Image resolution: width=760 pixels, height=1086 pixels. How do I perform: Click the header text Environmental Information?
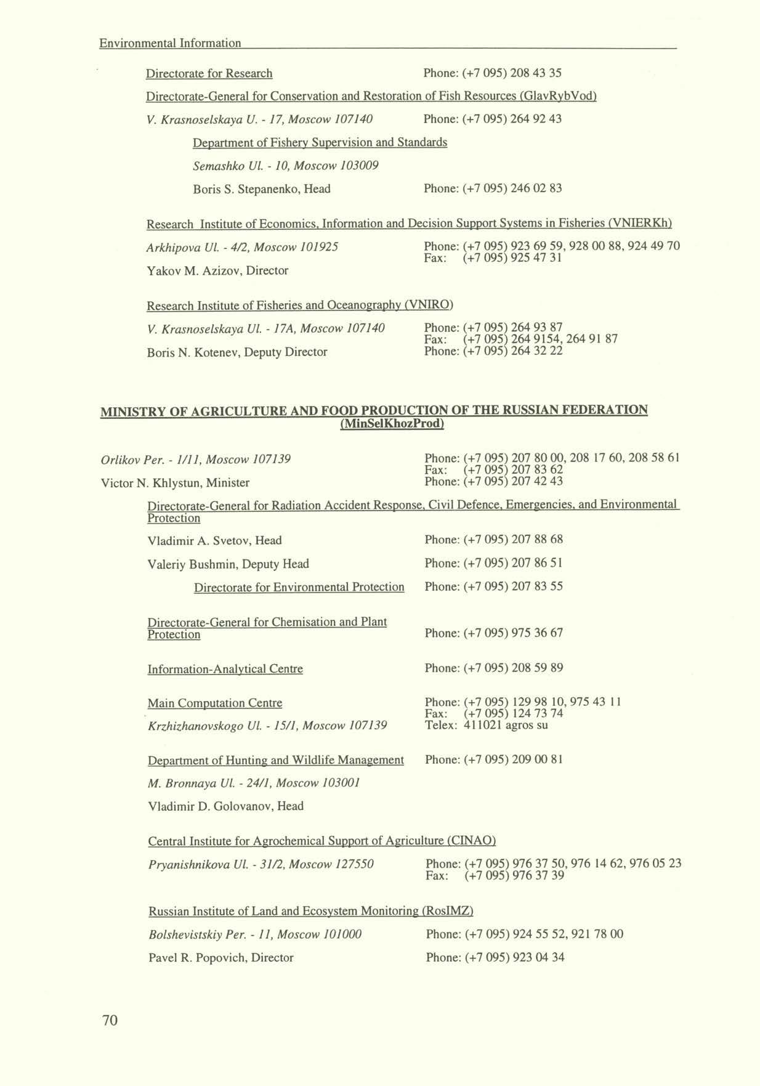coord(170,43)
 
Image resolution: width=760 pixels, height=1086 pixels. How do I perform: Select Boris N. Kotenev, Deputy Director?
coord(237,352)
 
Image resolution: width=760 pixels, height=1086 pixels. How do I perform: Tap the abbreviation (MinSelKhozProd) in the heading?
coord(392,424)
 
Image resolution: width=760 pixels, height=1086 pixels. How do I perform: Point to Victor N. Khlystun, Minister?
coord(175,482)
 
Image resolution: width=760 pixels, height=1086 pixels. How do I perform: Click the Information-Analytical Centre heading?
coord(225,669)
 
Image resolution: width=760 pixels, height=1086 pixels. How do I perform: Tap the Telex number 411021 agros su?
coord(505,725)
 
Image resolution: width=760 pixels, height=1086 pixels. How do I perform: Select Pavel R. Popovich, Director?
coord(220,958)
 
